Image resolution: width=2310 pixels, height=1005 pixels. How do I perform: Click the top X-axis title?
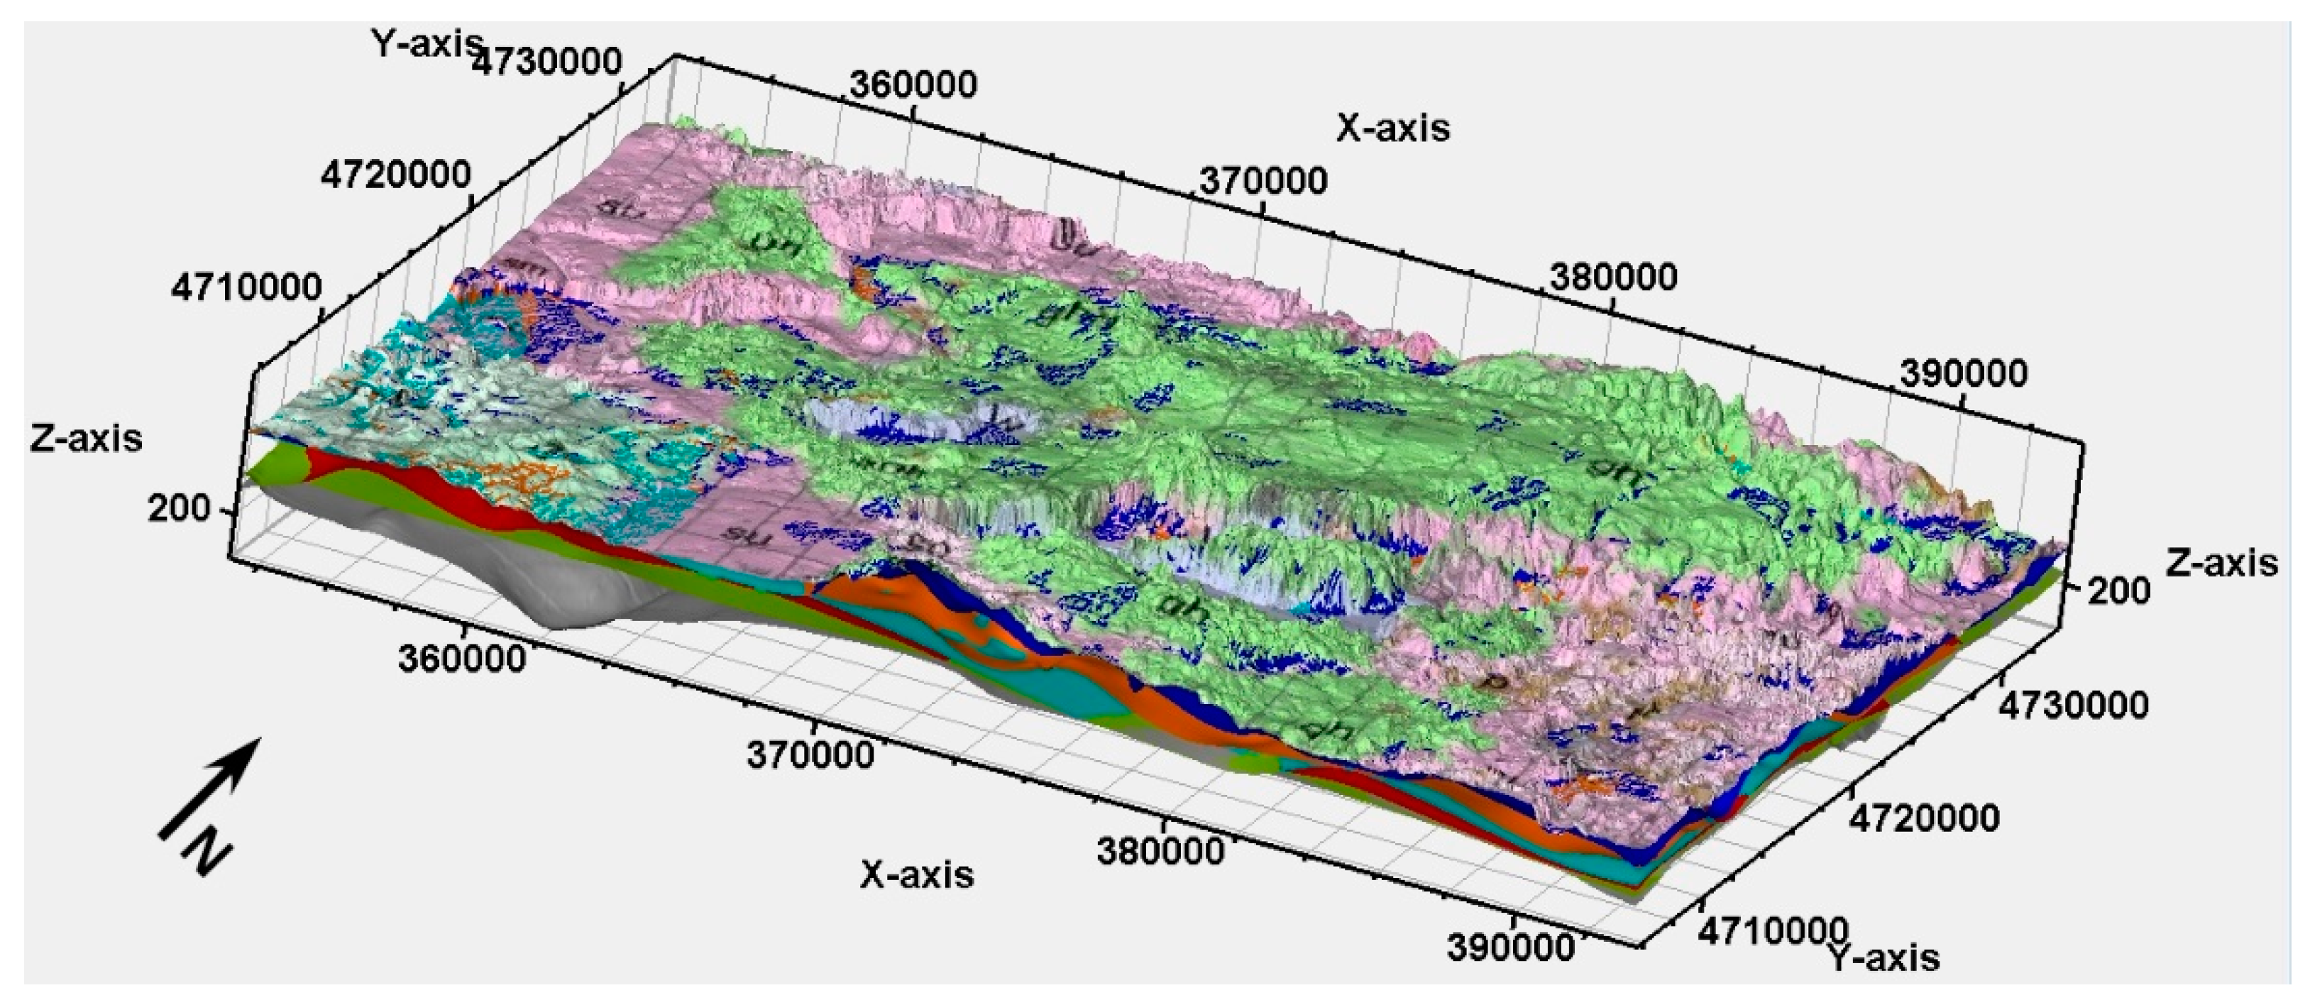point(1392,128)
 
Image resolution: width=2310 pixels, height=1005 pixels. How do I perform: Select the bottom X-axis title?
point(916,874)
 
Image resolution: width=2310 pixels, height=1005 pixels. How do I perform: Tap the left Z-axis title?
point(85,439)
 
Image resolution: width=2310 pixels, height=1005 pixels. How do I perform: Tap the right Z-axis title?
point(2222,562)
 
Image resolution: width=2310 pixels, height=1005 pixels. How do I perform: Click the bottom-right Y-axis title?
point(1884,958)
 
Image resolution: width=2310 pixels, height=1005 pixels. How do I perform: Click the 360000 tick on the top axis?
point(913,85)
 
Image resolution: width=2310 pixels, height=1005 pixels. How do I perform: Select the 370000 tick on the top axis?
point(1263,181)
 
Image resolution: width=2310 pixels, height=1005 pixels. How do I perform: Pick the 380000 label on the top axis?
point(1612,277)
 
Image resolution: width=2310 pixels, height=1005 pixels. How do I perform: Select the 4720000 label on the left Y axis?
point(395,174)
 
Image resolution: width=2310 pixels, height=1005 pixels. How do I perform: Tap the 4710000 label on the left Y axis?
point(246,287)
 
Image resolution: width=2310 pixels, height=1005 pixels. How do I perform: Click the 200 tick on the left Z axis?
point(177,509)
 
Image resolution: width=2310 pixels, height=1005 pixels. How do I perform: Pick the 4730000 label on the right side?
point(2073,705)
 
